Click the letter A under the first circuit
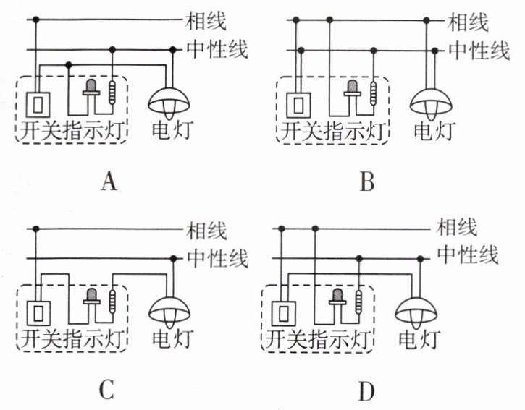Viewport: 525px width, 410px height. click(x=109, y=182)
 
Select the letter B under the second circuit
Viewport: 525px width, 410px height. click(x=367, y=182)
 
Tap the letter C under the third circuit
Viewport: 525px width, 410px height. click(x=106, y=390)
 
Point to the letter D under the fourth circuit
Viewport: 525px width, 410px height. click(x=366, y=391)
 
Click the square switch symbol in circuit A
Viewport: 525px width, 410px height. click(x=38, y=105)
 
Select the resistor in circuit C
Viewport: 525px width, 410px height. click(x=112, y=302)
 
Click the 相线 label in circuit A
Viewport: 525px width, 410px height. click(x=206, y=21)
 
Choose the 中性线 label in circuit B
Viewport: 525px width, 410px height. click(x=479, y=51)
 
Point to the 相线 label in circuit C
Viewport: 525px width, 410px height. click(x=206, y=231)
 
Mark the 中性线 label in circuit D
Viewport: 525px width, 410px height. click(x=468, y=255)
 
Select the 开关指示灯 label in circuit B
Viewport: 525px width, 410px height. click(x=333, y=130)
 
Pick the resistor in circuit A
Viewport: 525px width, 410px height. click(x=112, y=93)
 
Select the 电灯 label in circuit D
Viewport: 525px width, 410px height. click(x=419, y=338)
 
